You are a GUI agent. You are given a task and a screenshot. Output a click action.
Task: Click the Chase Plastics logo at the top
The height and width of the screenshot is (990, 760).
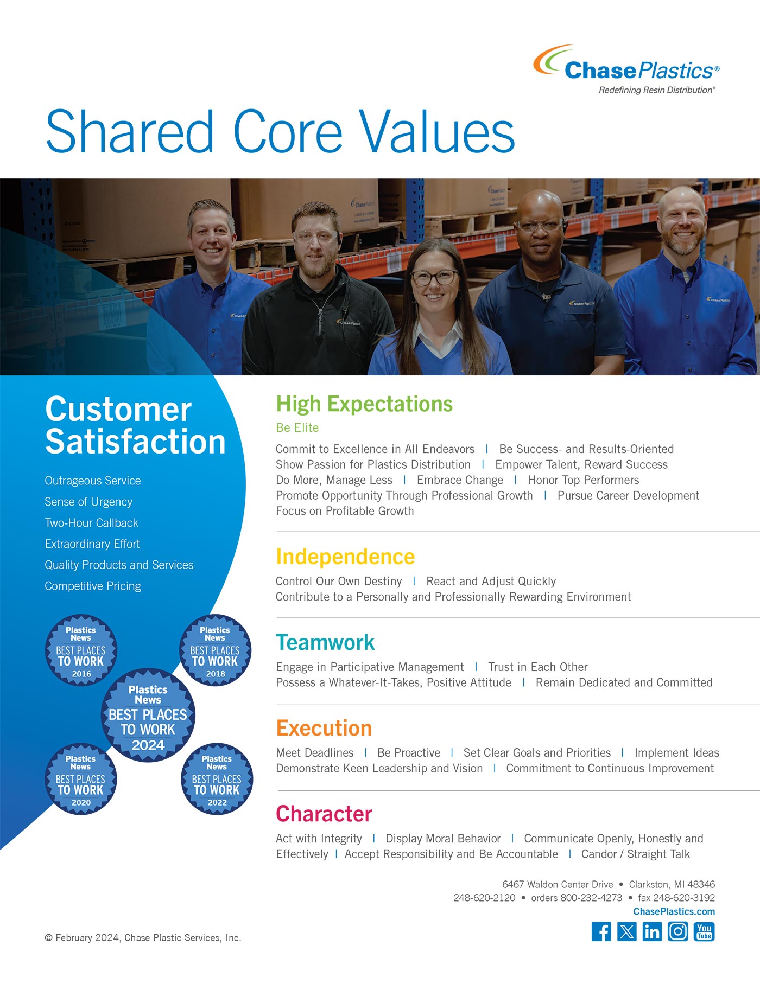coord(626,69)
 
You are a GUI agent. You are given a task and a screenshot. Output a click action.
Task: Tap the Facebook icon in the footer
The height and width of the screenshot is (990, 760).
coord(601,931)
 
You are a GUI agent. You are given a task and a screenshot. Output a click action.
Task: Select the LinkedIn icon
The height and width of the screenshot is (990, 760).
coord(652,931)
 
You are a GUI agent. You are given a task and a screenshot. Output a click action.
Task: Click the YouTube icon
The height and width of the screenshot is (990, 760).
coord(704,931)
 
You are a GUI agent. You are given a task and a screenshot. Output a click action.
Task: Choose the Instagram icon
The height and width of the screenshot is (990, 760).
coord(677,931)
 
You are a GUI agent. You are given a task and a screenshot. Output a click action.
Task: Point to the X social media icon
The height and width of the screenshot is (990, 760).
coord(626,931)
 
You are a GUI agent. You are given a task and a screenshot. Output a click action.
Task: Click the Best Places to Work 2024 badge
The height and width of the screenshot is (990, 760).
coord(148,716)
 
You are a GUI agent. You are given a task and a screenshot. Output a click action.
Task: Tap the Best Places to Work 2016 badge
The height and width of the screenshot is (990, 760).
coord(81,650)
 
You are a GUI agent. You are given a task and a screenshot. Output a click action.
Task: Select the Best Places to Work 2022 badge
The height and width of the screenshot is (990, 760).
coord(217,779)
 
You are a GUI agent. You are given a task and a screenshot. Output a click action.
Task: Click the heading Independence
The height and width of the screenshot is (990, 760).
coord(345,557)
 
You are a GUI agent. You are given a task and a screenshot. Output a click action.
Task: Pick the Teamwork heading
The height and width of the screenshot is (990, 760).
coord(325,642)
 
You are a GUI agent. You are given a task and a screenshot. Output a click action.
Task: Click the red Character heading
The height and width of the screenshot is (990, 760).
coord(324,814)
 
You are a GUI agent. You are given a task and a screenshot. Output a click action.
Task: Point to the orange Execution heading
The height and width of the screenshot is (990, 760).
coord(324,728)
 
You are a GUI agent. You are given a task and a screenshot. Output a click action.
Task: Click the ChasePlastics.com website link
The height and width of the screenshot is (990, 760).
coord(674,911)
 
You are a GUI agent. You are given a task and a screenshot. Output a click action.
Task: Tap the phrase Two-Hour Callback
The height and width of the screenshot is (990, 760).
coord(91,523)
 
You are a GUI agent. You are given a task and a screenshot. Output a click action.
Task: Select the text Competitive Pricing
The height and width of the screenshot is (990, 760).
coord(93,586)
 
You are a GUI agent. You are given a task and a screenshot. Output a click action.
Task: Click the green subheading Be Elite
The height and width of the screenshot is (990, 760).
coord(297,427)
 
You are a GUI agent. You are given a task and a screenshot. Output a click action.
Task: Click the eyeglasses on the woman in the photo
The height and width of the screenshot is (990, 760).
coord(434,277)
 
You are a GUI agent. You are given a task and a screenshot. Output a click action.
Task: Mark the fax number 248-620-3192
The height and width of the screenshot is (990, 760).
coord(676,898)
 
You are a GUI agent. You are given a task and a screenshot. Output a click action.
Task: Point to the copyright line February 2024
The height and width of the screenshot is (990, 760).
coord(143,938)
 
